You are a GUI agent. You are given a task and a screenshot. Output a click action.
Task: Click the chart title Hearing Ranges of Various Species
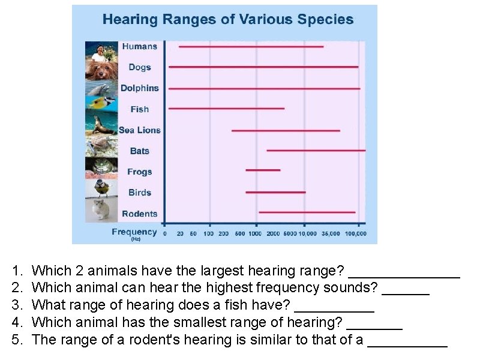(228, 19)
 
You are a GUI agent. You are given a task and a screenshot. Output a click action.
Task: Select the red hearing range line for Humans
(251, 46)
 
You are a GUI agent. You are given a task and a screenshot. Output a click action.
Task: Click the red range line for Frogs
(263, 170)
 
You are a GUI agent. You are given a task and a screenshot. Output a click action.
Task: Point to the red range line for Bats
(316, 150)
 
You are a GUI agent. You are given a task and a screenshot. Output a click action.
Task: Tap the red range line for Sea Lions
(286, 130)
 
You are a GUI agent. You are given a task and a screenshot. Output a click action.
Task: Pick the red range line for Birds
(275, 192)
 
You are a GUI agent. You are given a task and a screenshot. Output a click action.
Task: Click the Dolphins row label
(140, 88)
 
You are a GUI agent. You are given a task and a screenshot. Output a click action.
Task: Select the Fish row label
(140, 109)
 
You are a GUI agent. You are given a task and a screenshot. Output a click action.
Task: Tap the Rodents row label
(140, 214)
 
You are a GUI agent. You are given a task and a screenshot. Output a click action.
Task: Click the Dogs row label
(140, 67)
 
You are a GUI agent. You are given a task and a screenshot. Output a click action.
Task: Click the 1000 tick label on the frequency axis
(255, 234)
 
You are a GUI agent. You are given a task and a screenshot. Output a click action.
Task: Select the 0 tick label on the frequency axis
(165, 234)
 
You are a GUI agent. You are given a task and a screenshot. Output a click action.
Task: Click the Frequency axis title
(134, 232)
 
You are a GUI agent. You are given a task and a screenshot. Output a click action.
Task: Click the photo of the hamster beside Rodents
(101, 211)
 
